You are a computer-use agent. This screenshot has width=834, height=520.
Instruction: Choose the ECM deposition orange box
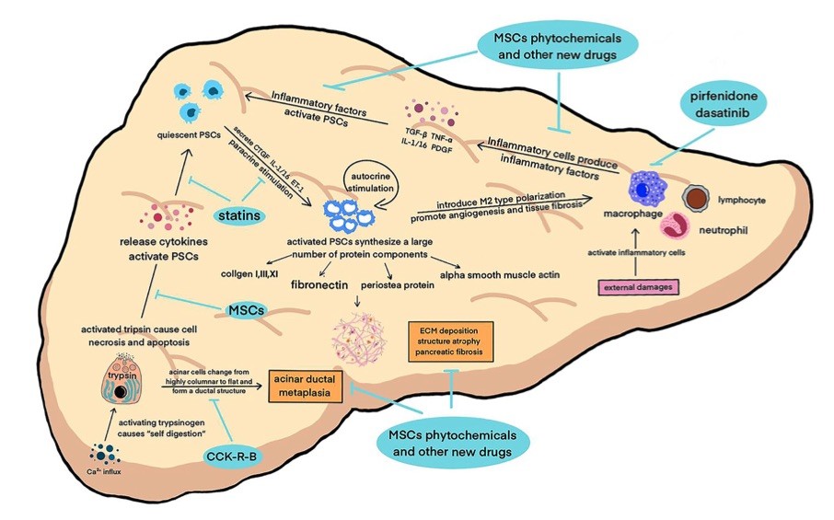[451, 341]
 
